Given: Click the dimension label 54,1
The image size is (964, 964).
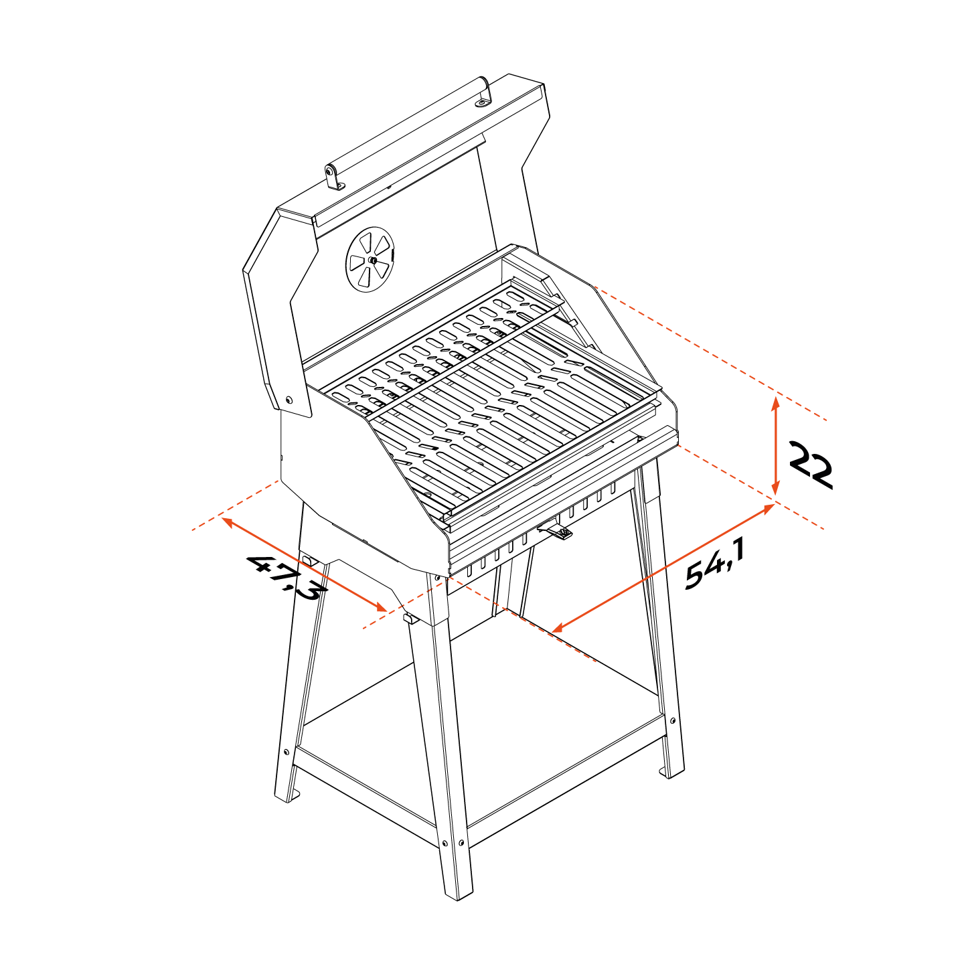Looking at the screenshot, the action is coord(715,564).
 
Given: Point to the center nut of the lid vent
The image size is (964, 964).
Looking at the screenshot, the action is coord(372,260).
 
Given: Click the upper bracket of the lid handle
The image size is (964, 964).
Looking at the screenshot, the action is coord(483,95).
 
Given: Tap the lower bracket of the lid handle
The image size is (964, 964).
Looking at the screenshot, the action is coord(333,178).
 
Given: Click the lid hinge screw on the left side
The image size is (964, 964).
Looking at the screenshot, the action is coord(289,400).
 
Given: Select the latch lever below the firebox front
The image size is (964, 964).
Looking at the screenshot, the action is coord(555,532).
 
